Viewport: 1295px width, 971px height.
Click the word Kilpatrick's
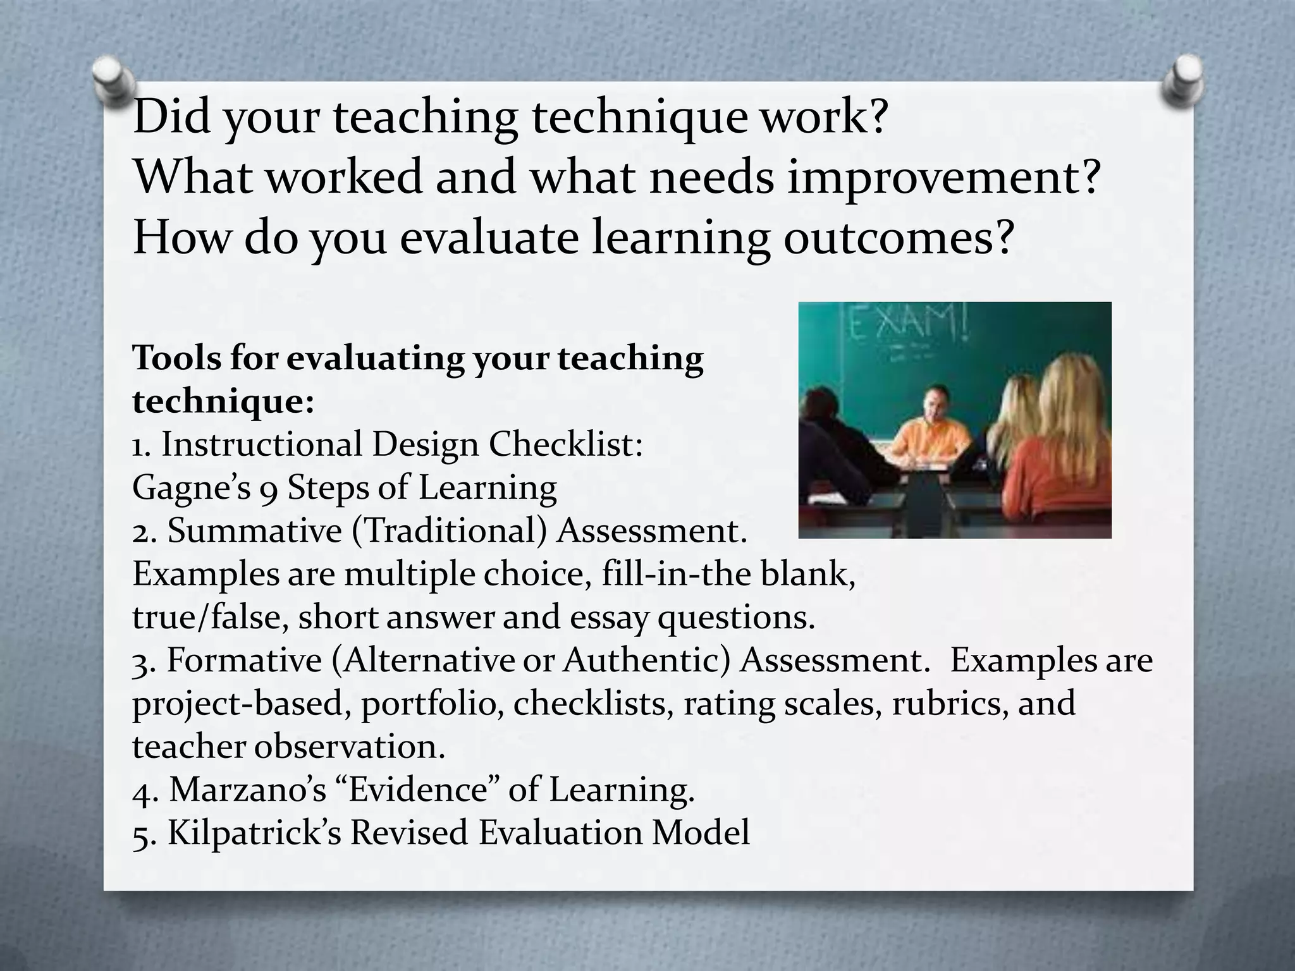pos(254,833)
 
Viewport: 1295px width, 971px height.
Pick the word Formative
pos(244,661)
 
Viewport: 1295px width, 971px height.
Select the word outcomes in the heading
pos(898,239)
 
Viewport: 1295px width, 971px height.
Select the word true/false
pos(206,618)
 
